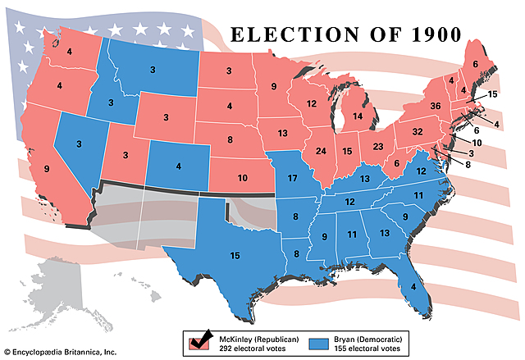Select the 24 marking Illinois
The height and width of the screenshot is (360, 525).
(321, 151)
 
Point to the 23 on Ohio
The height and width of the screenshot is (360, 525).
(377, 146)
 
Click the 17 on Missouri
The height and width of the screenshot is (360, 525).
(291, 178)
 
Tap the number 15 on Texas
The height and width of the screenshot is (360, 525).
(235, 257)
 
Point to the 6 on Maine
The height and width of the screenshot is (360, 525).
(475, 63)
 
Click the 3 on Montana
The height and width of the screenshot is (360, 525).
(153, 71)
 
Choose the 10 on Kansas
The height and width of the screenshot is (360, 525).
(242, 178)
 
